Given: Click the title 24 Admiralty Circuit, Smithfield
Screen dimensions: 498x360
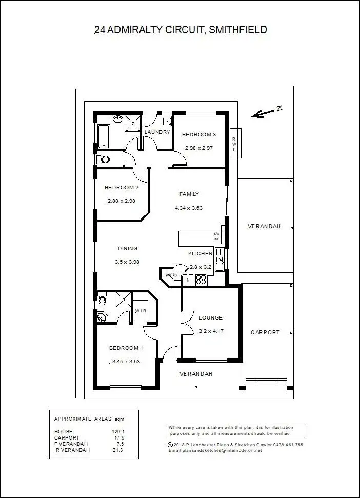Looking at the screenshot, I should [181, 30].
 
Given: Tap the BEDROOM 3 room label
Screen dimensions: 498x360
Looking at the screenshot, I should [199, 135].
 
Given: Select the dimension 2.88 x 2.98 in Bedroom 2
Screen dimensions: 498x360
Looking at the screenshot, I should [121, 201].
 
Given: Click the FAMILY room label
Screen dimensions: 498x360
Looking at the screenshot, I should [189, 194].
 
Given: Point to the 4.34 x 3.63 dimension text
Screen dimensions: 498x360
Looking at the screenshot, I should [189, 208].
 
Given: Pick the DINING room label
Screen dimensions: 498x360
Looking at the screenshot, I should [128, 249].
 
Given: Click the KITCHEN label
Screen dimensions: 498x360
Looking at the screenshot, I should [200, 254].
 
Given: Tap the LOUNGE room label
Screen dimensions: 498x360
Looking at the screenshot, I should [210, 318].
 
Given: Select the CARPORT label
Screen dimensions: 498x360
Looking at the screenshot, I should [265, 332].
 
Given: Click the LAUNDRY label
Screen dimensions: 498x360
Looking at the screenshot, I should [157, 132].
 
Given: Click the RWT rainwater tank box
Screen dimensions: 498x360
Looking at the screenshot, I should [234, 144].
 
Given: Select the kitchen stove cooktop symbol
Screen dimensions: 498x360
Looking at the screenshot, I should [201, 280].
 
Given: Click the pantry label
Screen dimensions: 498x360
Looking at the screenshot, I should [171, 275].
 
